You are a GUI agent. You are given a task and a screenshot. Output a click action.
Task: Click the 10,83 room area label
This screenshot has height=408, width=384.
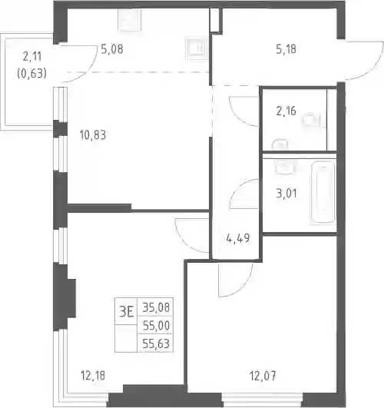point(93,135)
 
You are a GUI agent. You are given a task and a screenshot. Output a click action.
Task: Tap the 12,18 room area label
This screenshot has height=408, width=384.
point(93,376)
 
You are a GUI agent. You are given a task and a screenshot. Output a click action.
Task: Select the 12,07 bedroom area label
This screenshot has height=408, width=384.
point(263,376)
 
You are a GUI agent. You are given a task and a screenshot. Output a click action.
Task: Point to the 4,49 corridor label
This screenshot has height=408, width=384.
point(238,238)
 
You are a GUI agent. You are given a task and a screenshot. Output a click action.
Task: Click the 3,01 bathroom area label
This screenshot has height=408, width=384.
point(286,194)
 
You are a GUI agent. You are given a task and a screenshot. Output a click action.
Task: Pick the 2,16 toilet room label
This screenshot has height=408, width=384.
point(286,111)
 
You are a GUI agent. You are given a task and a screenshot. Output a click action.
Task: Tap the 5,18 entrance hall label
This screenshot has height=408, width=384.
point(286,49)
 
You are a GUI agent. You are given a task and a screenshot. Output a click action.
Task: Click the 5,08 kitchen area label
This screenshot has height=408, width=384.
point(112,49)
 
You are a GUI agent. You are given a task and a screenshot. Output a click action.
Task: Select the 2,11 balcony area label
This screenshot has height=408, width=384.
point(32,56)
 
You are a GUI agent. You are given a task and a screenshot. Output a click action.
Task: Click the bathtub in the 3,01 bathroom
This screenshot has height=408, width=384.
point(323,192)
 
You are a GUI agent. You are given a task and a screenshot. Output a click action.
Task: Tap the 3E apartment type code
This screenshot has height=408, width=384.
point(127,311)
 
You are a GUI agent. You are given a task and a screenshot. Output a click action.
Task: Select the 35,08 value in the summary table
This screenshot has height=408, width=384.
point(156,307)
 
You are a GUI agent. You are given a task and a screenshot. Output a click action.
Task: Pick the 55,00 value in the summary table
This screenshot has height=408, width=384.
point(156,326)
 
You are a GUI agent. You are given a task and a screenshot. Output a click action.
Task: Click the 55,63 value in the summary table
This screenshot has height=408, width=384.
point(156,343)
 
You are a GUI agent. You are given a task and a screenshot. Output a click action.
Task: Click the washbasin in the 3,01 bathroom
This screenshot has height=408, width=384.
point(285,167)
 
